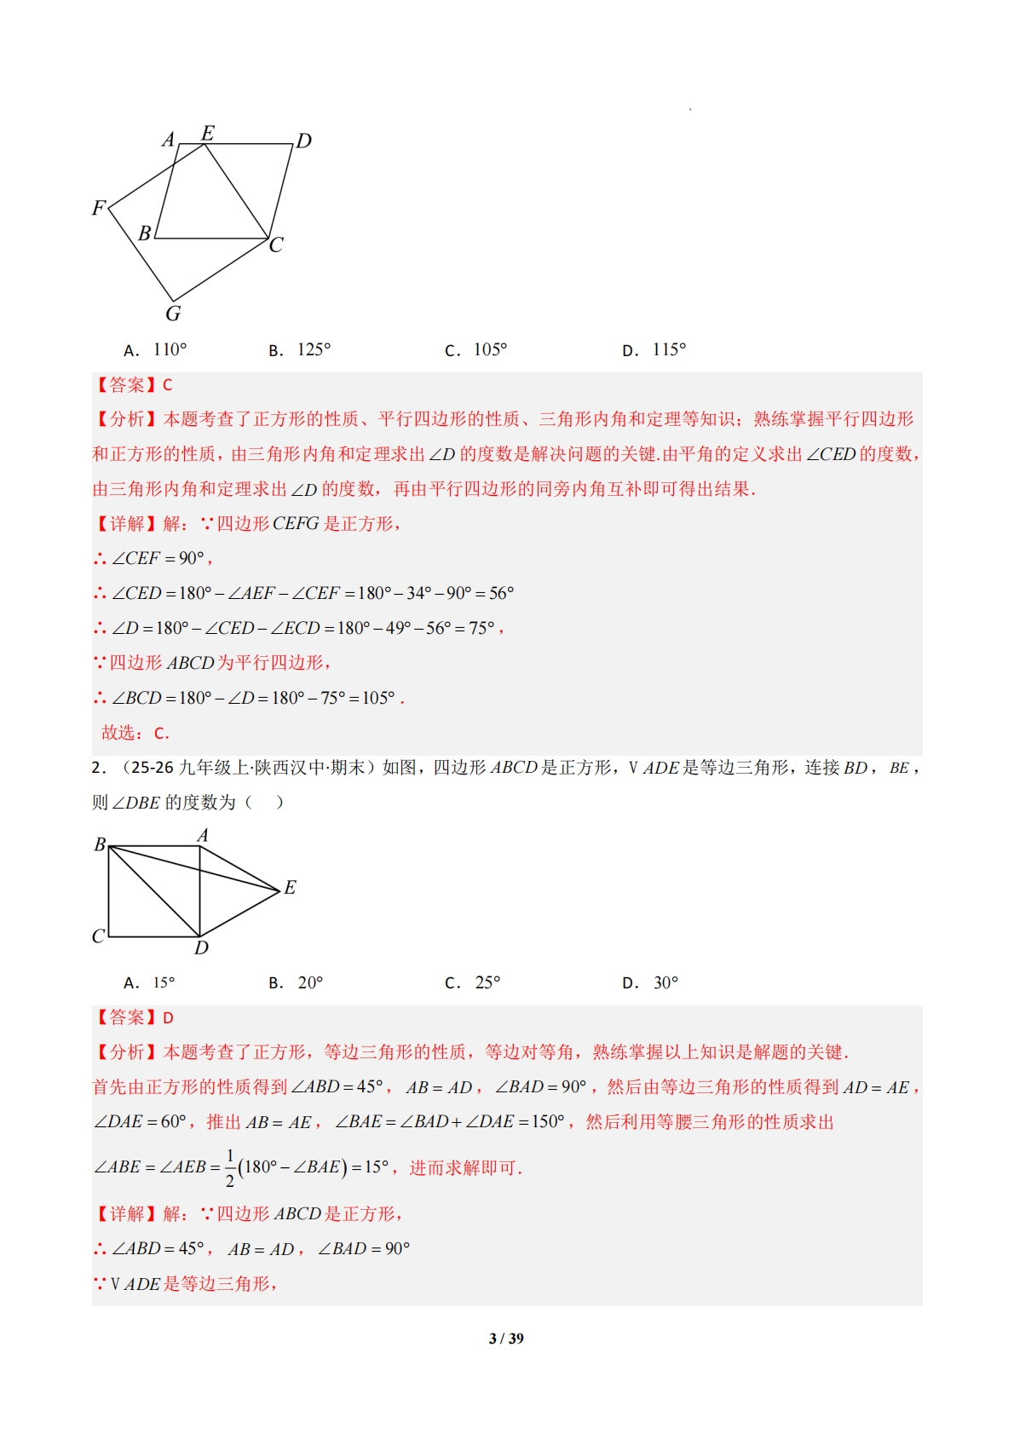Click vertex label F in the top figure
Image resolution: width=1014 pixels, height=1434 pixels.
coord(99,208)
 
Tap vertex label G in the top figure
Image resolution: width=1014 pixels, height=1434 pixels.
coord(173,314)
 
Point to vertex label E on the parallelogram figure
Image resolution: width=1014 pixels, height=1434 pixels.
coord(207,133)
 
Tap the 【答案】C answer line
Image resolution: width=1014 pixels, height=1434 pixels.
coord(133,385)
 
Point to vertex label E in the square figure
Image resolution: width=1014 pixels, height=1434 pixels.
coord(290,888)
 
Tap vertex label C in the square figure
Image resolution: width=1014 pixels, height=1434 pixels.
coord(98,936)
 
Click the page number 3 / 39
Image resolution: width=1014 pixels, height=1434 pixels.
coord(506,1339)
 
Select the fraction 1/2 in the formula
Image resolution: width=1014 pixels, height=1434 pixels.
coord(229,1168)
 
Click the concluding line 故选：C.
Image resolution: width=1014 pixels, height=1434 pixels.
coord(135,733)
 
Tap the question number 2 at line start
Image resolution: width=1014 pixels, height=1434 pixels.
coord(96,768)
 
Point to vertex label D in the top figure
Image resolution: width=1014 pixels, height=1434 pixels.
coord(303,141)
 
